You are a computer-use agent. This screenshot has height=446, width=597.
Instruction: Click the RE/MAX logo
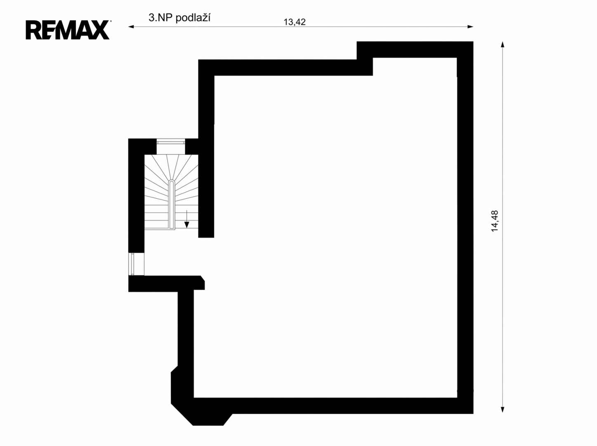(67, 30)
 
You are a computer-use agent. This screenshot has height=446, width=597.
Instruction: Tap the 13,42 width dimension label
(295, 22)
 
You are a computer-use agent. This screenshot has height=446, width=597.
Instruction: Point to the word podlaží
(193, 18)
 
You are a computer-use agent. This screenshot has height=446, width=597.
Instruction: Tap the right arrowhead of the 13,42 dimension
(470, 27)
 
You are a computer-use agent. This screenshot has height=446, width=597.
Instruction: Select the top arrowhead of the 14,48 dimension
(503, 45)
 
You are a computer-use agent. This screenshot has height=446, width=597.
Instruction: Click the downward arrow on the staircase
(186, 219)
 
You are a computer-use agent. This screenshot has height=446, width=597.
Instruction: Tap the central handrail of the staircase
(172, 204)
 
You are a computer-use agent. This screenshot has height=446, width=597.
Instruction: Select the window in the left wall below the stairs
(132, 264)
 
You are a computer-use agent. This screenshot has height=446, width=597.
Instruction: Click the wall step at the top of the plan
(365, 59)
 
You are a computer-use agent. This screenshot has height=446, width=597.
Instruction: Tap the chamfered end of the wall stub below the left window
(202, 282)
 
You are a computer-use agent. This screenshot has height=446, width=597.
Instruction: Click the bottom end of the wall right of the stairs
(206, 237)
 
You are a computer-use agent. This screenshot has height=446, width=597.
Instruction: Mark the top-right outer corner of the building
(473, 42)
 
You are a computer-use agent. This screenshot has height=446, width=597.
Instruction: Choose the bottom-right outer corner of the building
(473, 414)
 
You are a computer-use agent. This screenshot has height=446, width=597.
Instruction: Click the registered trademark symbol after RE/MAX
(110, 21)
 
